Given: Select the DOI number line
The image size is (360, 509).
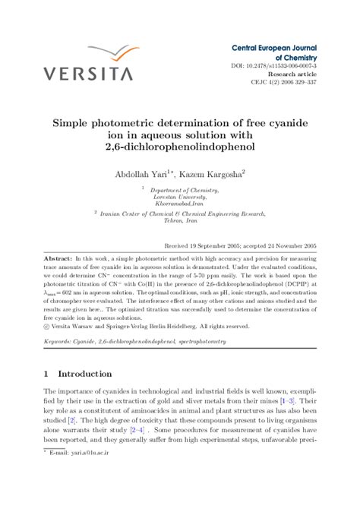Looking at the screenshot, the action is tap(274, 66).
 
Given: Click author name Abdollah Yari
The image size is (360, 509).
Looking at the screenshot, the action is tap(145, 173).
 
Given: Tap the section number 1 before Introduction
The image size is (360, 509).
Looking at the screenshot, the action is tap(47, 374).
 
